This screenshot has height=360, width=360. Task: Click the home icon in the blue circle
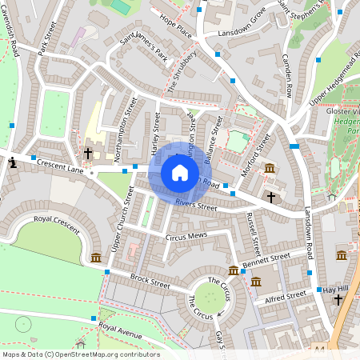point(179,172)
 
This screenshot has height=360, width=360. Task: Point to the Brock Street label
point(150,282)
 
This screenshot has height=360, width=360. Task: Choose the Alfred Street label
point(285,298)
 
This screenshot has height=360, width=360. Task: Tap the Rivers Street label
point(196,206)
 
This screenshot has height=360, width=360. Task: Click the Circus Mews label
point(186,237)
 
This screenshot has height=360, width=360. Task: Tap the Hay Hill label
point(336,289)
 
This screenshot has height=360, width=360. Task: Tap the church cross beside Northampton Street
point(88,152)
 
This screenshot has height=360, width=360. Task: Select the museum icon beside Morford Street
point(270,169)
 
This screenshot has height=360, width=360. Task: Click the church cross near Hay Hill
point(338,300)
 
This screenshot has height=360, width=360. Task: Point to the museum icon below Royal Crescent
point(96,258)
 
